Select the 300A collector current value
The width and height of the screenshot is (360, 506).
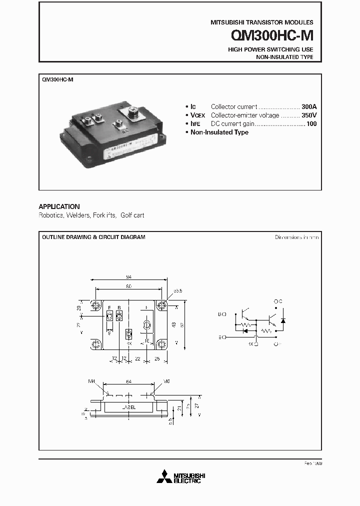pos(309,106)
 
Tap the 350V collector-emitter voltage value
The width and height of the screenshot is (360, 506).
pos(309,115)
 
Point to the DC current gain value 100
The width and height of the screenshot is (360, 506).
pos(311,123)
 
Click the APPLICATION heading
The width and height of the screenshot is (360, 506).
pos(59,206)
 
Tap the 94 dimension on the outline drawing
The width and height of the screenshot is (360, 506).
pos(128,276)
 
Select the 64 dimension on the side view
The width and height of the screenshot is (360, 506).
pos(128,382)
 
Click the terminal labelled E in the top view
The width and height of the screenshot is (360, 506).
pos(109,316)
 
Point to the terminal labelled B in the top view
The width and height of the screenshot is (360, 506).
pos(119,316)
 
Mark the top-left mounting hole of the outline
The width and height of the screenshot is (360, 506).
pos(95,305)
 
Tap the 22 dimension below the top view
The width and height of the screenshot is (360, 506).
pos(137,359)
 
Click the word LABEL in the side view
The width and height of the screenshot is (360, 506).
pos(128,407)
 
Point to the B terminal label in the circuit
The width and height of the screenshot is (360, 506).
pos(221,314)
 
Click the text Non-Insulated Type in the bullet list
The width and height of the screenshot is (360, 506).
pos(219,132)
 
